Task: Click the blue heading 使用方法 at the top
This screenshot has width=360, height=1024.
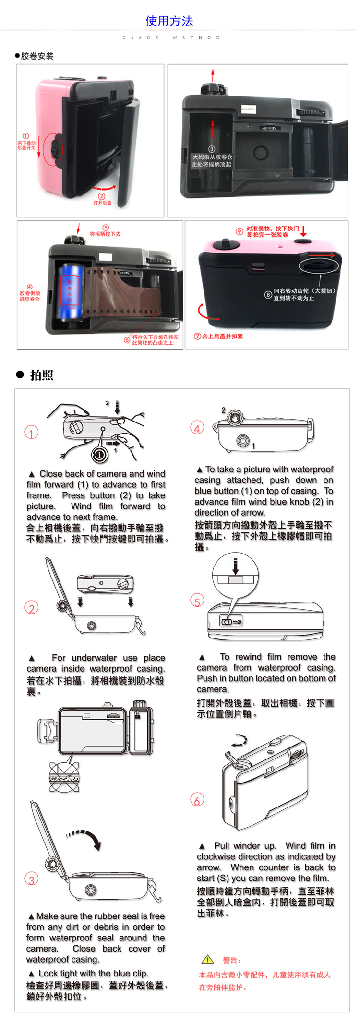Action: (x=169, y=21)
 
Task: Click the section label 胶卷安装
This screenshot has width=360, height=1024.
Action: (x=37, y=56)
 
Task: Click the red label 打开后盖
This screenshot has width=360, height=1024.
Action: (x=102, y=203)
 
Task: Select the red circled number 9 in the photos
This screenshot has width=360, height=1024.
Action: (x=239, y=231)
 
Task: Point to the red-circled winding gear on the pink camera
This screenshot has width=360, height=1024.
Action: (x=319, y=265)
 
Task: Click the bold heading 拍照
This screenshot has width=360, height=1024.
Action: (x=41, y=375)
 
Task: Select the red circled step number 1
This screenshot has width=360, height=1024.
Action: (x=31, y=433)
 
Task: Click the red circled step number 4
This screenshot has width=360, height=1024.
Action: (x=197, y=427)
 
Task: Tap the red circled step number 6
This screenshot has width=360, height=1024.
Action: (x=197, y=799)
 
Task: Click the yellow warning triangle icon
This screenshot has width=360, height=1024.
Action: (x=207, y=959)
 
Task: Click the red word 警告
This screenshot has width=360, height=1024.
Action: (x=231, y=960)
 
